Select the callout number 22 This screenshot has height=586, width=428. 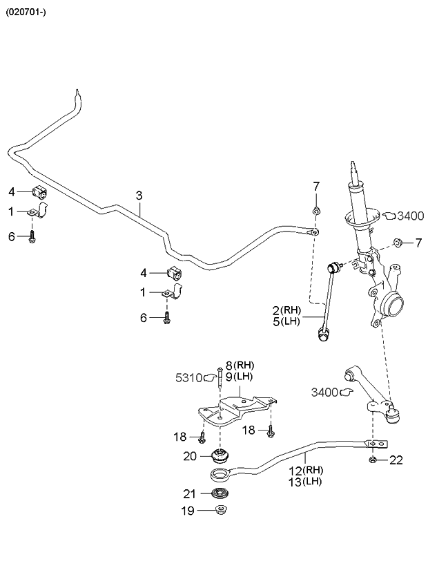(396, 460)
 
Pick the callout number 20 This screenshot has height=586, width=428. (190, 455)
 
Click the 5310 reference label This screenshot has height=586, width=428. (187, 377)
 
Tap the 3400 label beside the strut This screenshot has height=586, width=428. (410, 216)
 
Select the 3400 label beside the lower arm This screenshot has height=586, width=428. (324, 393)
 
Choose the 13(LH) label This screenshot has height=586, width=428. (305, 482)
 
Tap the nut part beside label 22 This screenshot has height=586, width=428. (373, 460)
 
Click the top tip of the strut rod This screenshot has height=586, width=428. (354, 164)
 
